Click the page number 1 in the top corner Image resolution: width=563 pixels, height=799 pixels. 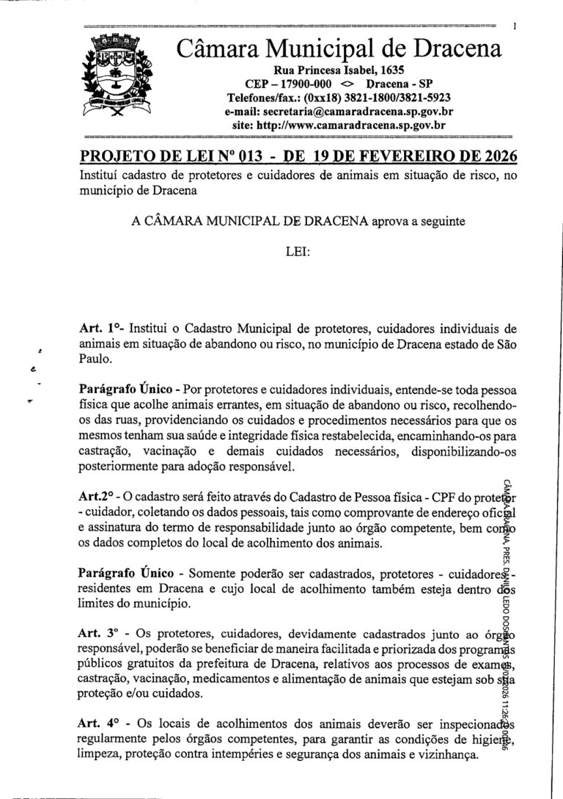[516, 27]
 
